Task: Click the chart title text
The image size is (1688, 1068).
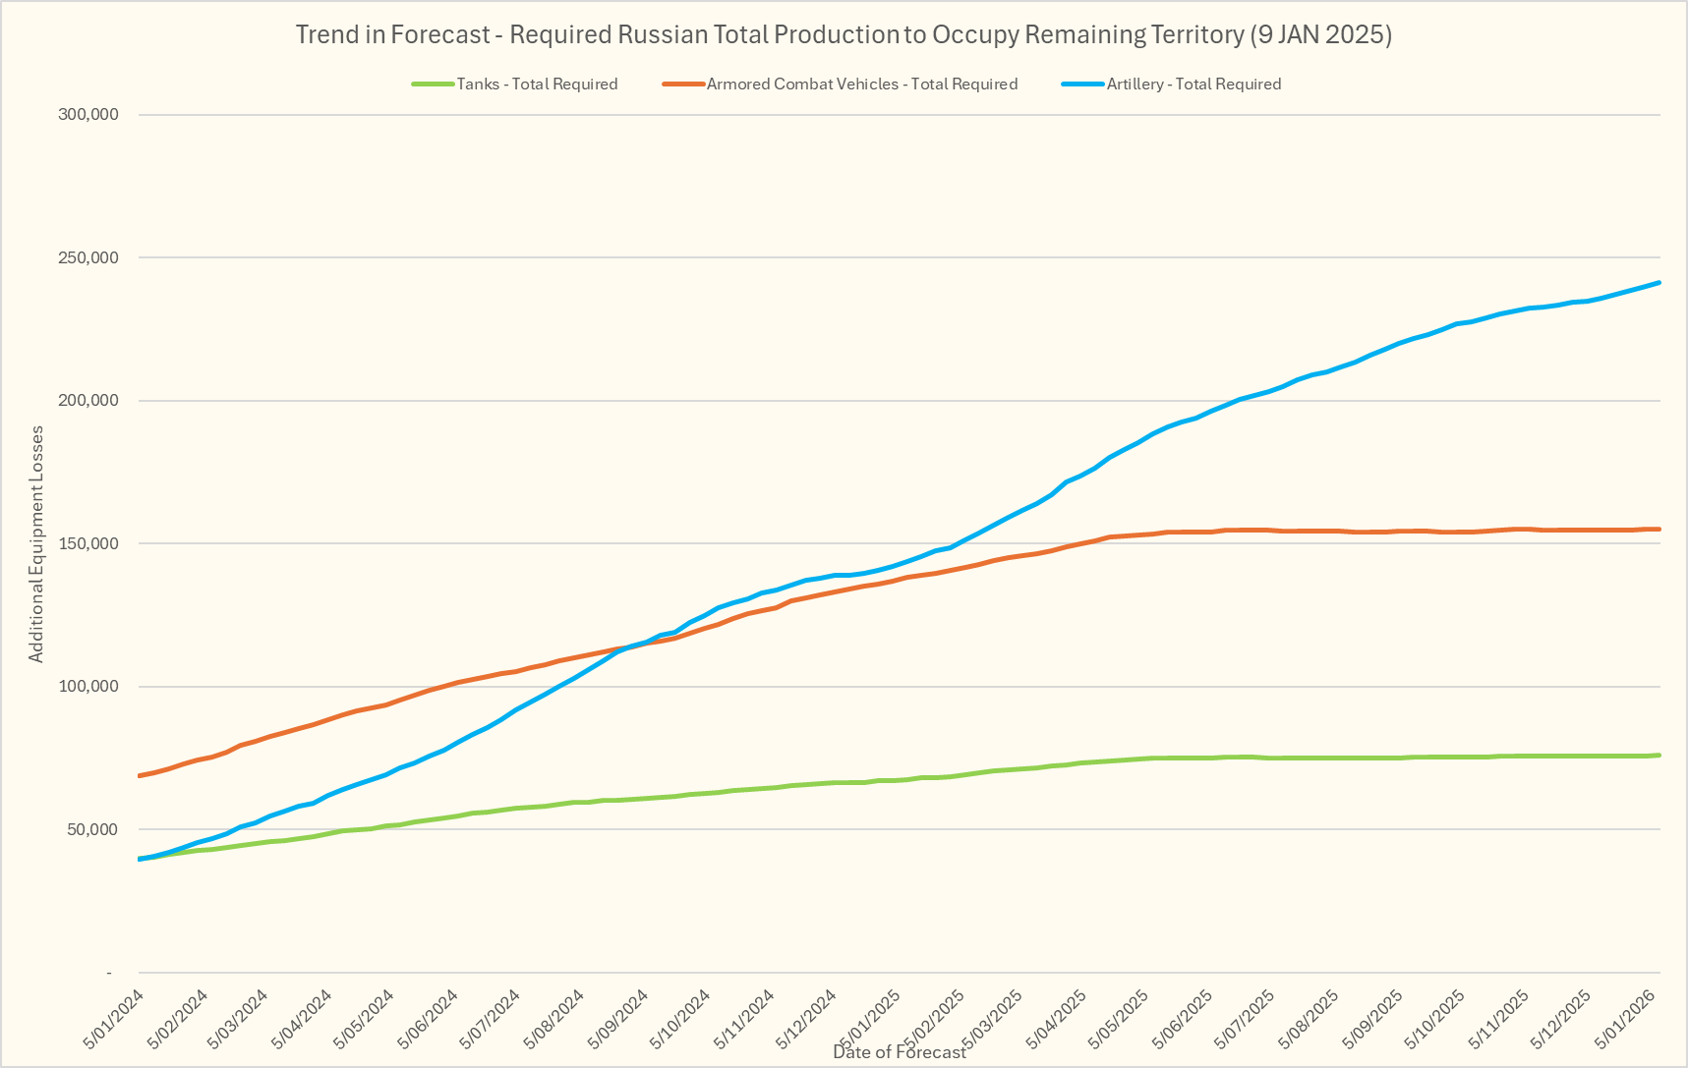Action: pyautogui.click(x=844, y=35)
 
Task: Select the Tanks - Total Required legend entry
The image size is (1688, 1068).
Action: pyautogui.click(x=537, y=84)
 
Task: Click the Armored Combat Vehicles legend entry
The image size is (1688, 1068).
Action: pyautogui.click(x=861, y=84)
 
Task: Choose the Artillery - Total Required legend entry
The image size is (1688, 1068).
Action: pyautogui.click(x=1193, y=84)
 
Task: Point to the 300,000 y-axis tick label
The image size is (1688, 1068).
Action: pyautogui.click(x=89, y=115)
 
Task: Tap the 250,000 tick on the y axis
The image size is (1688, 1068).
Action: pyautogui.click(x=89, y=258)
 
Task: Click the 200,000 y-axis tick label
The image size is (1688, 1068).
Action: pyautogui.click(x=89, y=401)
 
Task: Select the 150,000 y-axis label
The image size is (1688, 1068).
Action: pyautogui.click(x=89, y=544)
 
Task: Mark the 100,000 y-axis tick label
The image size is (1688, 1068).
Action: pyautogui.click(x=89, y=687)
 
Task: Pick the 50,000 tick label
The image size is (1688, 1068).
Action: pyautogui.click(x=93, y=830)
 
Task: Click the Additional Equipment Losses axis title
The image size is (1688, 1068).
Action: pyautogui.click(x=36, y=543)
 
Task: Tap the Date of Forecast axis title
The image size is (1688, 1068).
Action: pyautogui.click(x=900, y=1052)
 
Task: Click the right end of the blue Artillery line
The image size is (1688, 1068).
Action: pyautogui.click(x=1659, y=283)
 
